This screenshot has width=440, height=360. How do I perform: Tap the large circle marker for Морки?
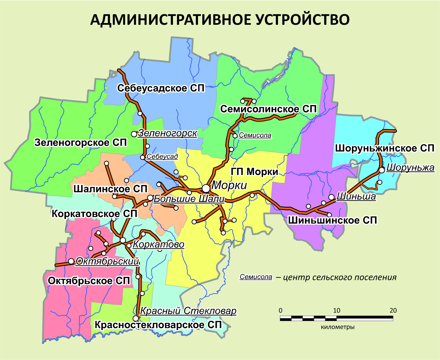[x=206, y=188]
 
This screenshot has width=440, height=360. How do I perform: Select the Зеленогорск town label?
[x=168, y=133]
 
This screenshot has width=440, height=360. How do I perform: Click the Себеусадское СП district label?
[x=161, y=88]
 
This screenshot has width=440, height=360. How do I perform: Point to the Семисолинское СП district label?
[x=268, y=109]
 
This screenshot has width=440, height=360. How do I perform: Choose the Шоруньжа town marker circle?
[x=382, y=170]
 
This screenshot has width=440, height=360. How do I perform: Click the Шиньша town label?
[x=356, y=197]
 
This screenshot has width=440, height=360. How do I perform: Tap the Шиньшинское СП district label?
[x=332, y=220]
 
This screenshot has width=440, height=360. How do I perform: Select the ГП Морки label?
[x=254, y=172]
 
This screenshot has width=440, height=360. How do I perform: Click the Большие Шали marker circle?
[x=150, y=198]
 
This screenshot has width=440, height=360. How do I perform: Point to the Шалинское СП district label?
[x=111, y=189]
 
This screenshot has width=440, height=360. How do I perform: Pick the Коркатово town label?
[x=159, y=245]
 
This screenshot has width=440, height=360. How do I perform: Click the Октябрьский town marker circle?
[x=71, y=261]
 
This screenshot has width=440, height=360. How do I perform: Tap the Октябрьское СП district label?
[x=89, y=281]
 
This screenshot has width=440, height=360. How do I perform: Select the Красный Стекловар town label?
[x=188, y=311]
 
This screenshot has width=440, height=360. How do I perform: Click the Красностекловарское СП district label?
[x=158, y=325]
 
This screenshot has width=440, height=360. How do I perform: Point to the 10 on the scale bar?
[x=336, y=310]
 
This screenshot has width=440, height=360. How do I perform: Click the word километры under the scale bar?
[x=338, y=327]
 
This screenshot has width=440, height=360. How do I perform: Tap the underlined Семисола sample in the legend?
[x=256, y=277]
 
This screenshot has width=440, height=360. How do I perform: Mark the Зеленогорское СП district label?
[x=81, y=143]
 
